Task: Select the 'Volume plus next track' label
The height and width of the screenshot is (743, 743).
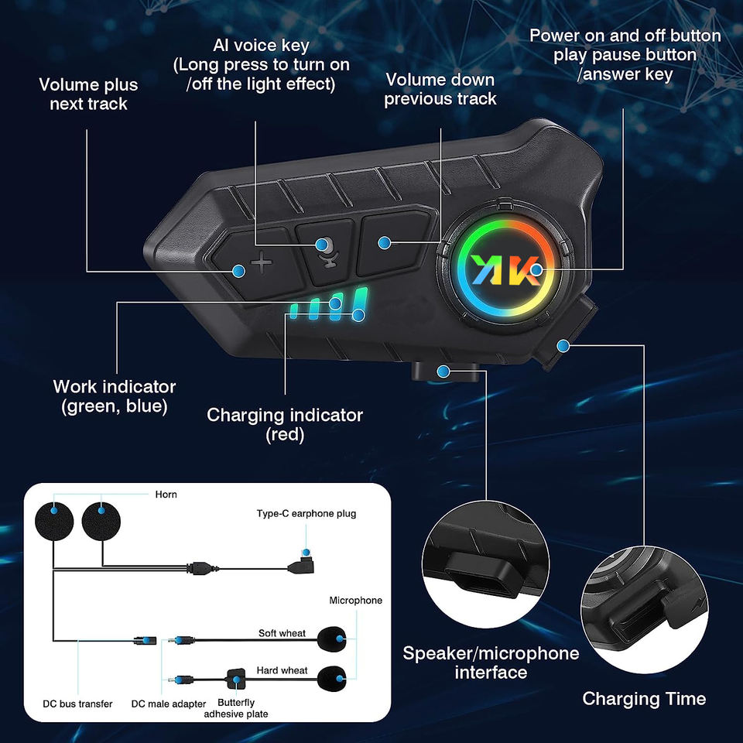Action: [x=88, y=94]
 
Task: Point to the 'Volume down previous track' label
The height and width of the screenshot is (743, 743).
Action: [x=440, y=89]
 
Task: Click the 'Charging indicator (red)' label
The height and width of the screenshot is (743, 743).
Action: [x=285, y=425]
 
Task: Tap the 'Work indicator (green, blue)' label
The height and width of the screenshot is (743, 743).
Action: [x=115, y=395]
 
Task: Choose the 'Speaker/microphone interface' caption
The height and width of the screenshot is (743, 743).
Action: [x=491, y=663]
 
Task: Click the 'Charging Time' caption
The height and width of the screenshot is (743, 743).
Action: [x=644, y=699]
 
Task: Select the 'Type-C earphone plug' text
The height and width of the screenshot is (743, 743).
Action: [x=306, y=514]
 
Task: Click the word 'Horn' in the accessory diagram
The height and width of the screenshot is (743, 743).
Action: [x=166, y=495]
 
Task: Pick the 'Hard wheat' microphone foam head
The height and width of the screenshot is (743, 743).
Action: [x=333, y=679]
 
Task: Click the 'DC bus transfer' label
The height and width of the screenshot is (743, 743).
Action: [x=77, y=704]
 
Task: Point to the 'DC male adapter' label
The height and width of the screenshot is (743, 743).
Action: [x=167, y=704]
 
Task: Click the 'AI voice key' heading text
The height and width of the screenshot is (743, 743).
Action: [x=261, y=45]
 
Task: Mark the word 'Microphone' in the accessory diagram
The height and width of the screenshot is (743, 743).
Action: [x=355, y=601]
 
